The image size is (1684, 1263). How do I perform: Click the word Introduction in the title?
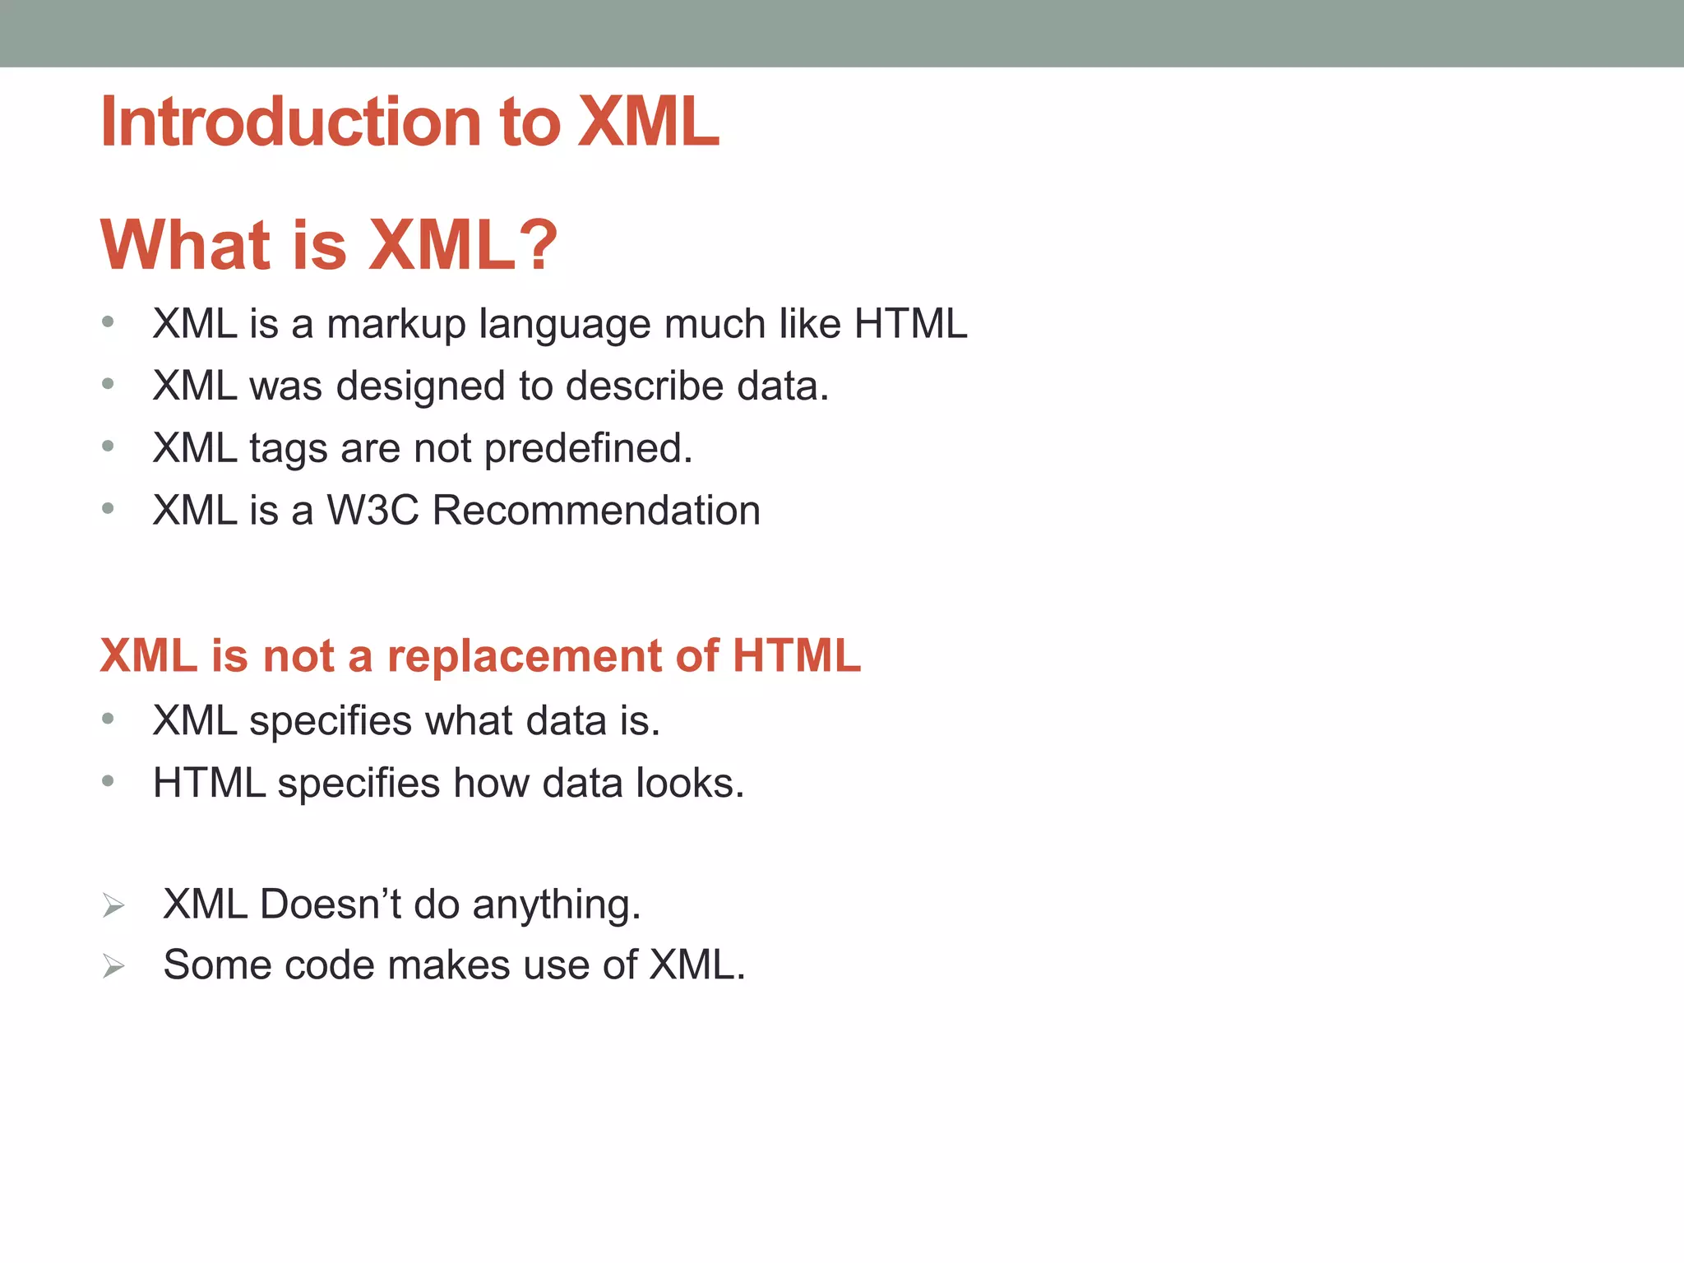pos(289,122)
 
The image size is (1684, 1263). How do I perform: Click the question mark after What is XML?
pos(539,244)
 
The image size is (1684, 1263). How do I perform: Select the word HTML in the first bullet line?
pos(910,323)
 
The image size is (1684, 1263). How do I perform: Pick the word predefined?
pos(588,449)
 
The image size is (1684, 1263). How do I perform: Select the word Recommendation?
pos(596,511)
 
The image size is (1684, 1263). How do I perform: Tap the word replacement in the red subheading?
pos(525,656)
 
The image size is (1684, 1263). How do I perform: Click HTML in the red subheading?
pos(796,656)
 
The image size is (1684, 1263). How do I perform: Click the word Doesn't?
pos(330,904)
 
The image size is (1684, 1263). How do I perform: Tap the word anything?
pos(556,905)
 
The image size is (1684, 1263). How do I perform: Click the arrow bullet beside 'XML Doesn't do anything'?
pos(113,906)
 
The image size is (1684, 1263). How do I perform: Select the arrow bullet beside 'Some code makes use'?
pos(113,967)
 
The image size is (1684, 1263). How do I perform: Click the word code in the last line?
pos(329,965)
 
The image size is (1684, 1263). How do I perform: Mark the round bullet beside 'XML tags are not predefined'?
pos(108,446)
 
